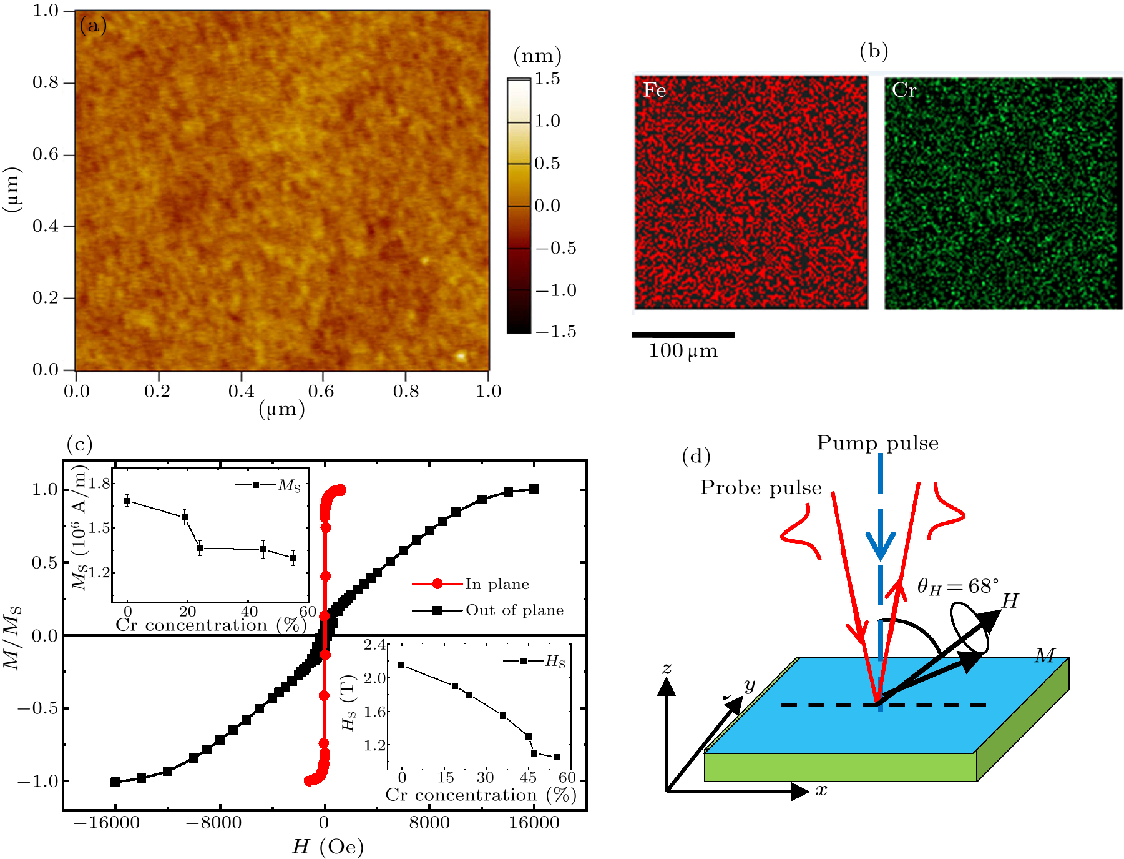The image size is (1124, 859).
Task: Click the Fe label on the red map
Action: [x=655, y=91]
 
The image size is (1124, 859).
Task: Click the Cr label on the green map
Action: [x=904, y=91]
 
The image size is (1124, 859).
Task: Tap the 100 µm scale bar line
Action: [x=683, y=335]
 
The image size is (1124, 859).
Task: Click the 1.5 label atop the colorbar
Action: [x=547, y=79]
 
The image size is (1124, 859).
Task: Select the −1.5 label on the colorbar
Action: [x=555, y=332]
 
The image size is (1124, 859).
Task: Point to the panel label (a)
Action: [x=93, y=26]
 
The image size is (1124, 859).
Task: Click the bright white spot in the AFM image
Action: [x=461, y=356]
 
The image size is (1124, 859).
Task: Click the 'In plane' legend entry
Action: [x=497, y=584]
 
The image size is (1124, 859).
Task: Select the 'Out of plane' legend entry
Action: [x=514, y=610]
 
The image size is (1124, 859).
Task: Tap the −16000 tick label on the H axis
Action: [x=106, y=822]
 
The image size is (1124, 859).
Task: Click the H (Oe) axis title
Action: [x=327, y=847]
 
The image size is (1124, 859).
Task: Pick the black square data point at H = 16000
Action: [x=534, y=489]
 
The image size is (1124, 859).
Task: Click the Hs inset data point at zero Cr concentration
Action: [x=401, y=665]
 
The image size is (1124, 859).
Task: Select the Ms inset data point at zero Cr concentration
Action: [x=127, y=500]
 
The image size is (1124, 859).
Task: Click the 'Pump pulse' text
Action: [x=877, y=443]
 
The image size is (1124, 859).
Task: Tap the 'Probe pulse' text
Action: [x=761, y=487]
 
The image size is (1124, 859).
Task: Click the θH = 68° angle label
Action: [x=957, y=586]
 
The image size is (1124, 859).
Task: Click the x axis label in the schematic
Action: [x=821, y=790]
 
